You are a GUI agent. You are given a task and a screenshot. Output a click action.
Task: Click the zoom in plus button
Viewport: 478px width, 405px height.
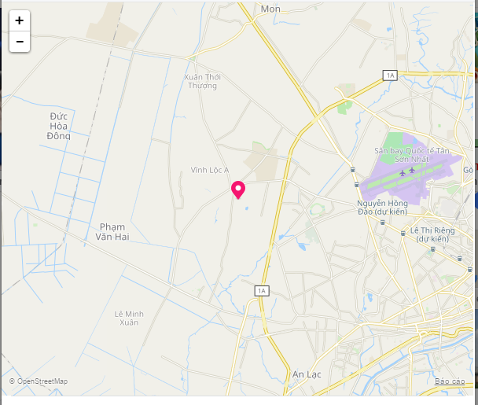tap(20, 21)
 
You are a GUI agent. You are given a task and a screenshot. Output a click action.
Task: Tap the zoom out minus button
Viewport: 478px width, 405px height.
tap(20, 42)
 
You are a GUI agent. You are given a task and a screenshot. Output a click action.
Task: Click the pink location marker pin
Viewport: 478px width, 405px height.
tap(238, 190)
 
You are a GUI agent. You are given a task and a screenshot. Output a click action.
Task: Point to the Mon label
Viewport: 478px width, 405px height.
tap(270, 9)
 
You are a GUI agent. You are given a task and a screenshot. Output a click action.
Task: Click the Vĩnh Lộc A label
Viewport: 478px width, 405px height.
tap(210, 170)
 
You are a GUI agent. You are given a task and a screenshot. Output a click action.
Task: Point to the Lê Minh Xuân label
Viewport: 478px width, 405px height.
tap(129, 318)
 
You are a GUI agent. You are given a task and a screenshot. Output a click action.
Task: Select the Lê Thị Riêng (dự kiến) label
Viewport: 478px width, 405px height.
tap(428, 234)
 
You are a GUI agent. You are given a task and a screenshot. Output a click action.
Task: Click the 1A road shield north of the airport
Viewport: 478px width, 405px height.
tap(390, 75)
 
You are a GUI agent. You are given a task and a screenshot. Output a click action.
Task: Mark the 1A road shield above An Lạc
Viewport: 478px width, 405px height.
tap(262, 291)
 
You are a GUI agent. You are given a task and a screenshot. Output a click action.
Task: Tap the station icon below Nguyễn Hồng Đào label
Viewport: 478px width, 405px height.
tap(382, 223)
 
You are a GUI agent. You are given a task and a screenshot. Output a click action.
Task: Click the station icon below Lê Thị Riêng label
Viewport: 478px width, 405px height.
tap(433, 249)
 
